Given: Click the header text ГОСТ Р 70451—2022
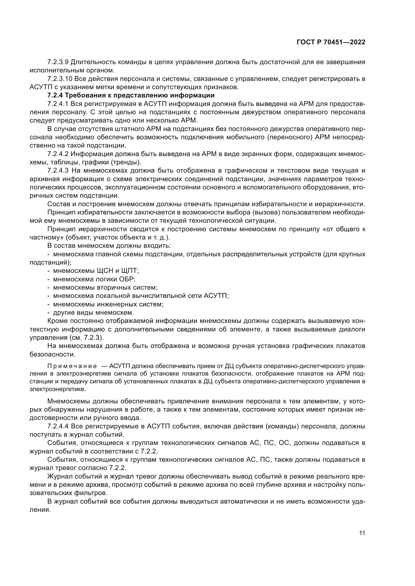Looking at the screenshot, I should pyautogui.click(x=331, y=42).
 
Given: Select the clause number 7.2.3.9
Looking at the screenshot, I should pyautogui.click(x=58, y=62).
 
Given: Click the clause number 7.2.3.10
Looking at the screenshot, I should pyautogui.click(x=60, y=79).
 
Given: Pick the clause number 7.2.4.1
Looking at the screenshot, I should pyautogui.click(x=58, y=104).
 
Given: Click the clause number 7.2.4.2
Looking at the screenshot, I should pyautogui.click(x=58, y=154).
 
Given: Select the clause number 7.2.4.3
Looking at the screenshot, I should pyautogui.click(x=58, y=171).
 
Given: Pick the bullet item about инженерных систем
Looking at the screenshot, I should pyautogui.click(x=108, y=304).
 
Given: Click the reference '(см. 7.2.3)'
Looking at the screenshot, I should pyautogui.click(x=87, y=338).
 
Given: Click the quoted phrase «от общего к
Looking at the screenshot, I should pyautogui.click(x=344, y=229).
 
